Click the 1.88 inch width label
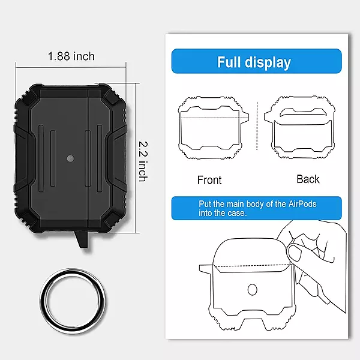[x=71, y=56]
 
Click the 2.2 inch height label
[x=143, y=161]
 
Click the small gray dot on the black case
[x=70, y=159]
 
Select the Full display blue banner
[x=256, y=62]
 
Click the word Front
[x=209, y=179]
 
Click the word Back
[x=308, y=179]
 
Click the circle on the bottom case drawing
[x=252, y=290]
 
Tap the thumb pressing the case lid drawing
[x=295, y=252]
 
